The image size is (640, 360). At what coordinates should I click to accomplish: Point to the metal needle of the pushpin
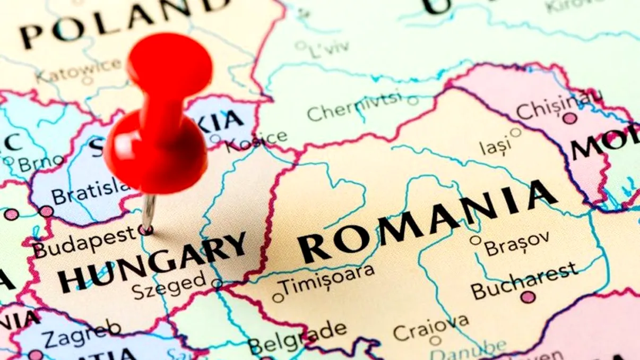pyautogui.click(x=148, y=212)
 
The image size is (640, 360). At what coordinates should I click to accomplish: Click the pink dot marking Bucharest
pyautogui.click(x=527, y=297)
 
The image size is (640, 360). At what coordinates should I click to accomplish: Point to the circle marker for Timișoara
pyautogui.click(x=278, y=297)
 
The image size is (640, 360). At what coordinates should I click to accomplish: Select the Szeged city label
pyautogui.click(x=168, y=286)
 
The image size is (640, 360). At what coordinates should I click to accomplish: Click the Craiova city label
pyautogui.click(x=431, y=326)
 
